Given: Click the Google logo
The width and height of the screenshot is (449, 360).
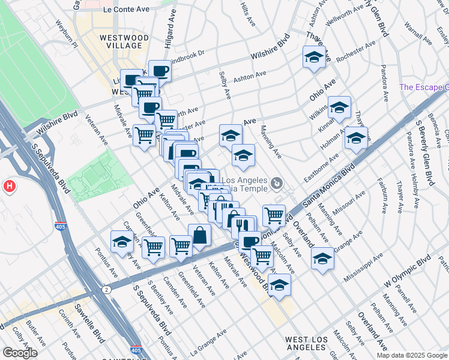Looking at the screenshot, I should tap(20, 353).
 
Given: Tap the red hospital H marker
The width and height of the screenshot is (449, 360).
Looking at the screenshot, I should tap(9, 186).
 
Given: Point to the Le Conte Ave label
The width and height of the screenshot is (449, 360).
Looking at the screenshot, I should tap(125, 10).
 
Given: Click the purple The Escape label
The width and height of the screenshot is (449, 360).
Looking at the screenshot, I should tap(424, 87).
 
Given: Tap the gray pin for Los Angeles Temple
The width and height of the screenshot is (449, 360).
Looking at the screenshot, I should tap(277, 182).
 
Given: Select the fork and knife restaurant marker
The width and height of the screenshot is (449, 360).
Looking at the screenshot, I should tap(244, 226).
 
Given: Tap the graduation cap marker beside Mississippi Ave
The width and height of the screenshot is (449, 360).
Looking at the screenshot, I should tap(322, 259).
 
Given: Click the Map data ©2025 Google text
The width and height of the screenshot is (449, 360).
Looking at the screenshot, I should tap(412, 355).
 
